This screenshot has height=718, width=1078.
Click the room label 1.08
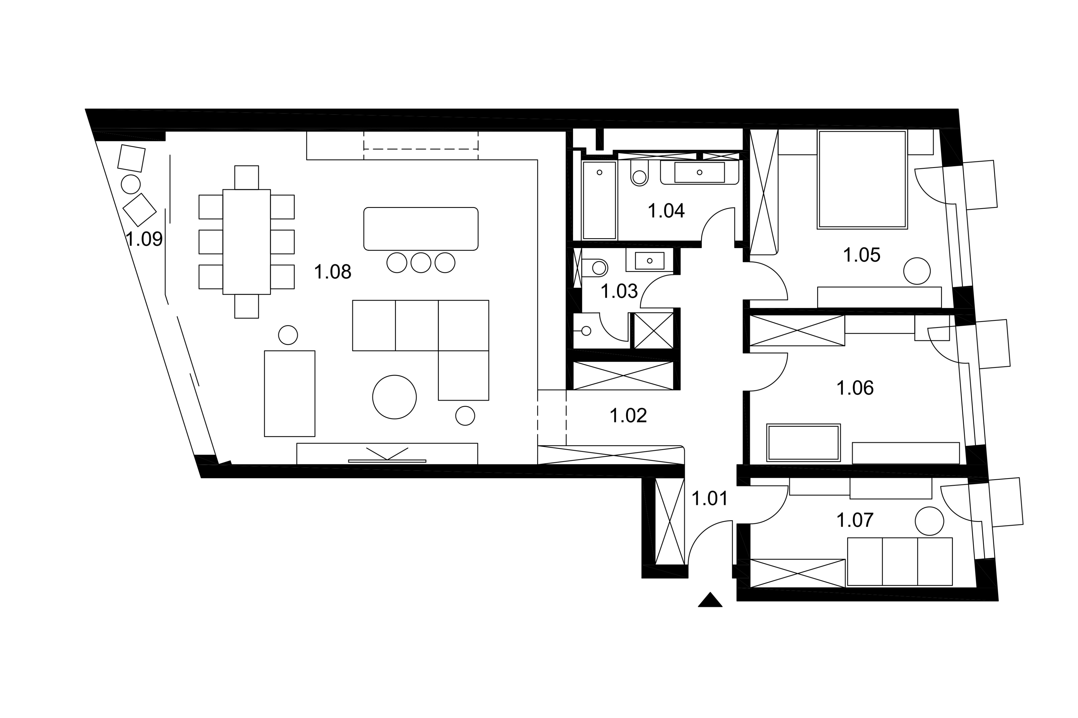tap(333, 272)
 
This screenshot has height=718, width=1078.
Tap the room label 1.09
tap(144, 239)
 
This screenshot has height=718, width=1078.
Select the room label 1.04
tap(666, 211)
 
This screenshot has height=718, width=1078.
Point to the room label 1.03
tap(619, 291)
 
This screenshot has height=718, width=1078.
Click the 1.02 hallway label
tap(628, 415)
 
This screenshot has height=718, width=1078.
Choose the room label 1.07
tap(855, 520)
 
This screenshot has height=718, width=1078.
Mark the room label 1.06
tap(855, 388)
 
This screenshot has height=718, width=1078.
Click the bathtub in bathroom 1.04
tap(599, 200)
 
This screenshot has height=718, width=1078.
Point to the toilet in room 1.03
tap(595, 268)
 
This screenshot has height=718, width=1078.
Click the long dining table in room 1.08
tap(247, 242)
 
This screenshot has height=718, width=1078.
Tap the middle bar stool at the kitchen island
tap(421, 263)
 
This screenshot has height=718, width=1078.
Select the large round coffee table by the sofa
tap(394, 397)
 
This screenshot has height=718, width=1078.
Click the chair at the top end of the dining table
tap(247, 178)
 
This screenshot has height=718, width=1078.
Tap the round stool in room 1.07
tap(929, 521)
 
